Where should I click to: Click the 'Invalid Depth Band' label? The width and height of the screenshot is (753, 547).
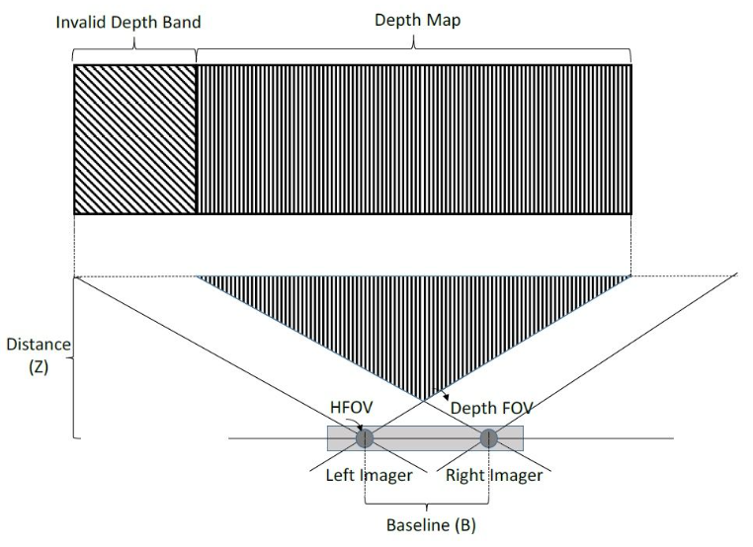(128, 23)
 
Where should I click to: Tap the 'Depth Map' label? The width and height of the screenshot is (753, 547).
(417, 20)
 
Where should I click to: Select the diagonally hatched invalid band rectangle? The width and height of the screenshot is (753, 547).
(135, 139)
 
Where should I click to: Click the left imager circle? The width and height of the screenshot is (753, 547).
(365, 438)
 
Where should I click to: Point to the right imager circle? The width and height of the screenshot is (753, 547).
(489, 438)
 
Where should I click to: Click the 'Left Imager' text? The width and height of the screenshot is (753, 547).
(369, 475)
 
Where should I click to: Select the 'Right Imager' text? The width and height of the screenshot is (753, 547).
(494, 475)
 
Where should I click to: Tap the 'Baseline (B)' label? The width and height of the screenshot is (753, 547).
(431, 524)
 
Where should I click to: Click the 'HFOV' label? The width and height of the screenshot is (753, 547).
(351, 408)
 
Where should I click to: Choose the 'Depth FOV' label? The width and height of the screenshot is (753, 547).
(491, 408)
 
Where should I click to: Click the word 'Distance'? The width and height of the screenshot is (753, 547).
(39, 345)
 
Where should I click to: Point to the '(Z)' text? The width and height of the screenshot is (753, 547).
(39, 367)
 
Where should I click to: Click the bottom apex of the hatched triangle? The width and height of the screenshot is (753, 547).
(424, 400)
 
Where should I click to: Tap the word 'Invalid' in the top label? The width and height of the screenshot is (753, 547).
(81, 22)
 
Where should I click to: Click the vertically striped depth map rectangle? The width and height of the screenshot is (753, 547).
(414, 139)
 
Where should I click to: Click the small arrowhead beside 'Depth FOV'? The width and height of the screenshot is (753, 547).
(446, 397)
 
